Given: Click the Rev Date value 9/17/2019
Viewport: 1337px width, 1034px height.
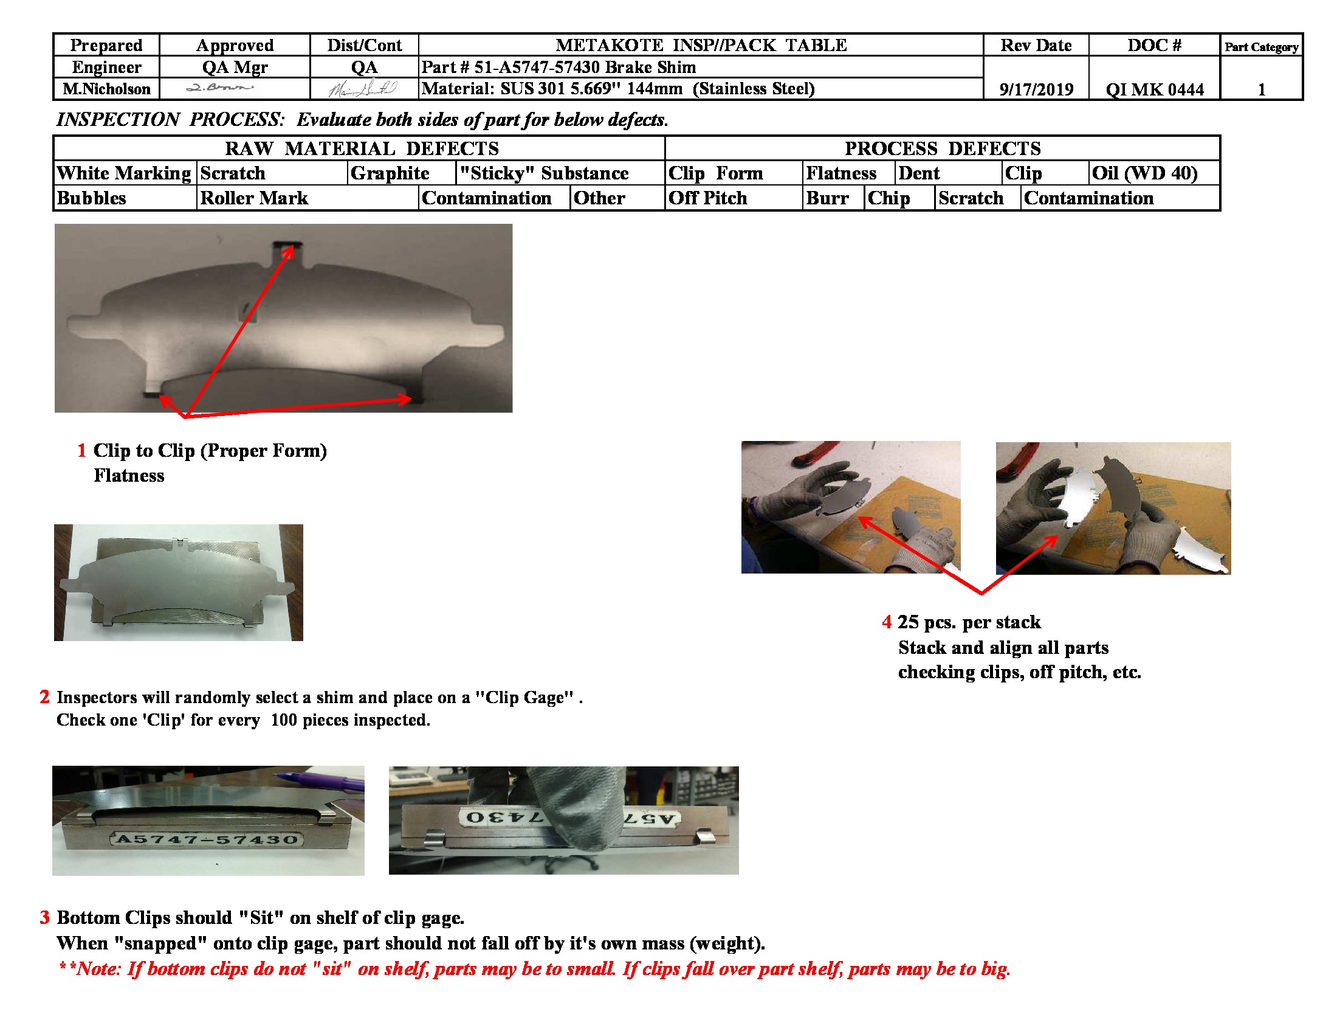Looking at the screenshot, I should (x=1036, y=89).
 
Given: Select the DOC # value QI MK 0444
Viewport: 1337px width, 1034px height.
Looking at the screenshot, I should (x=1154, y=89).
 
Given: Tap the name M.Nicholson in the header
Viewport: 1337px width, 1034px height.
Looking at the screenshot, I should (x=106, y=89).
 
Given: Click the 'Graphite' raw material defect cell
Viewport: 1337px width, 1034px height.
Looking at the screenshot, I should (x=390, y=173).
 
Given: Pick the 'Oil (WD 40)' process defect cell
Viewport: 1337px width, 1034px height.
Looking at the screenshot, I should (x=1145, y=173).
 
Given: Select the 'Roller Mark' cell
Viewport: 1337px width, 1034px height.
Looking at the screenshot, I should (x=254, y=198).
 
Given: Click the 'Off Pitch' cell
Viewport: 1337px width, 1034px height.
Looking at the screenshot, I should (x=707, y=198).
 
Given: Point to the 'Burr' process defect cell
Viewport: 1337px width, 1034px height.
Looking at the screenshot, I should (x=827, y=198).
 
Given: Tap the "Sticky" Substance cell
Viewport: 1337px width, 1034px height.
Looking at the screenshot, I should (x=544, y=173).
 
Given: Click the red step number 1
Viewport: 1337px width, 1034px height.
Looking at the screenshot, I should (x=81, y=451).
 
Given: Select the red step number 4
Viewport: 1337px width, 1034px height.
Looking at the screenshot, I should (x=886, y=622).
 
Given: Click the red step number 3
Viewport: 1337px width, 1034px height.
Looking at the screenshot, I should (x=45, y=918).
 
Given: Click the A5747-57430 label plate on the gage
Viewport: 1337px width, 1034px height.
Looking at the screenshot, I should (x=207, y=839).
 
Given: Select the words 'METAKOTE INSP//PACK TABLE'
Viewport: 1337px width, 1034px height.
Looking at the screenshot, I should (x=701, y=46).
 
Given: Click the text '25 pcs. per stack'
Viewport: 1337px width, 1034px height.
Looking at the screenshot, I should (x=969, y=622).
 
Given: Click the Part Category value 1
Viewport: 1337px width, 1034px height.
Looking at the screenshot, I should (x=1261, y=89).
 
